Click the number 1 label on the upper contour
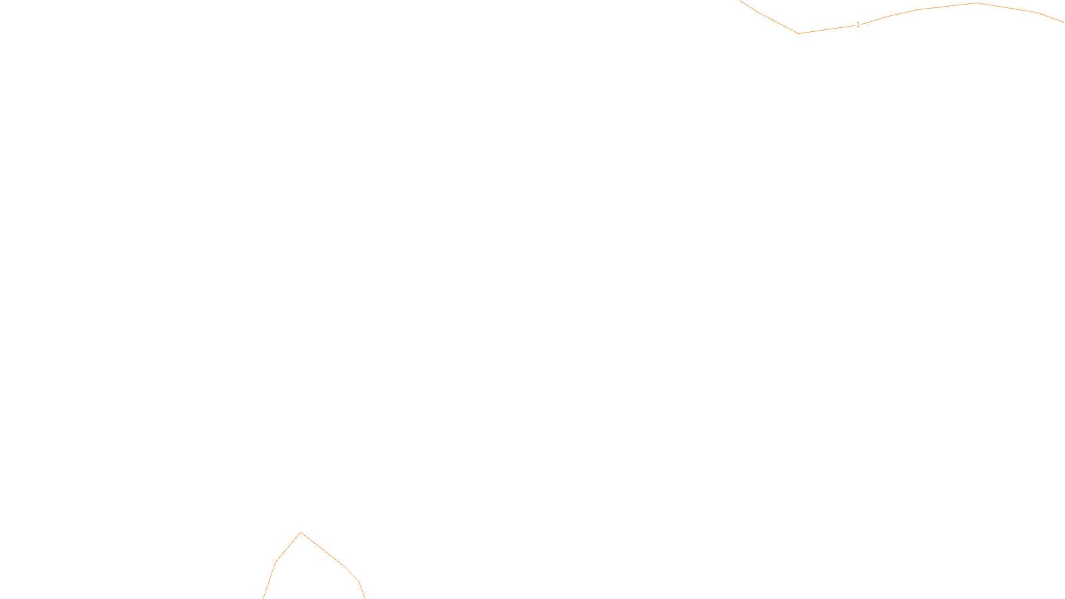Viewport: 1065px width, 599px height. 858,25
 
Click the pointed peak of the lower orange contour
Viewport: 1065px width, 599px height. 301,532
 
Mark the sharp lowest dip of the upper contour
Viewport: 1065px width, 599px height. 798,33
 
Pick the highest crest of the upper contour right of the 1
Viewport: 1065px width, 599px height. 976,3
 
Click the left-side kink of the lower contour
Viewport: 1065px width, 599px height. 276,563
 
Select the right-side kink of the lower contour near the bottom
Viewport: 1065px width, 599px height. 359,581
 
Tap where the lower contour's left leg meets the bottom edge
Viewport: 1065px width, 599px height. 264,598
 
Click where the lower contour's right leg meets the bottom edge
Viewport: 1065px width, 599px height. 365,598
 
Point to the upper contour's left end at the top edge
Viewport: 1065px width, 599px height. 740,1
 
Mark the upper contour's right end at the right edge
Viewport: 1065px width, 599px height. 1064,23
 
